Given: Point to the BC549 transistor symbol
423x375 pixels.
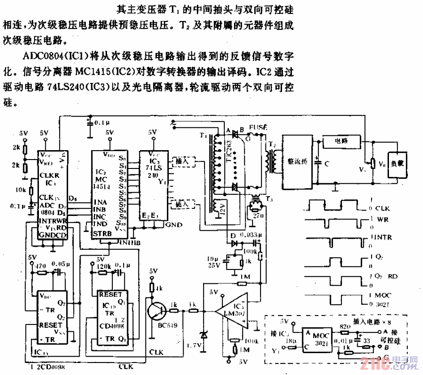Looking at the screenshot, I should tap(158, 310).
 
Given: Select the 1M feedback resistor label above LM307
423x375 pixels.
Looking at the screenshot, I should tap(244, 277).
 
